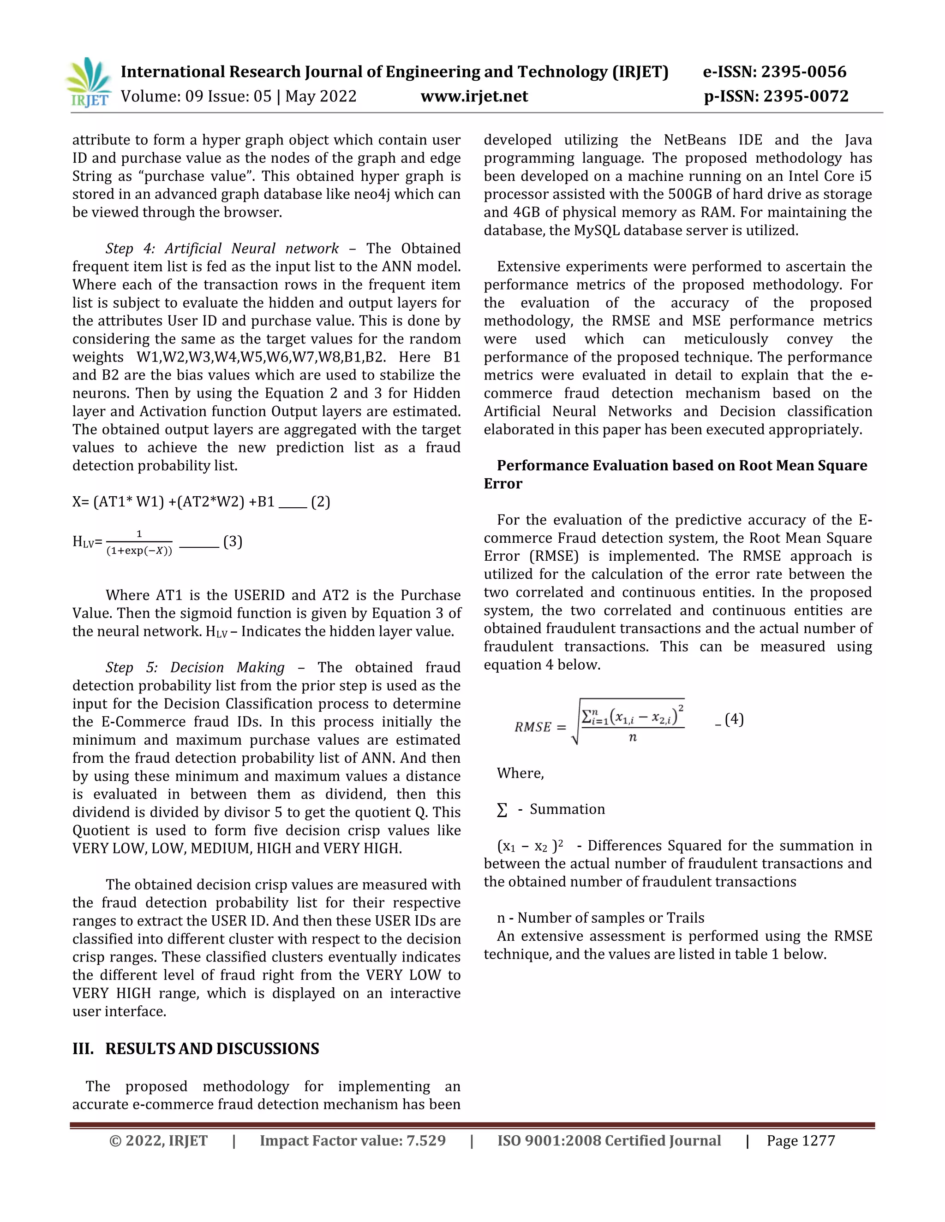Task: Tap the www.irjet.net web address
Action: [x=474, y=96]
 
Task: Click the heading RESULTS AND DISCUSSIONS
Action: [x=212, y=1049]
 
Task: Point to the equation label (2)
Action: [x=320, y=501]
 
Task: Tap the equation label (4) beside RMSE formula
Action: [x=734, y=719]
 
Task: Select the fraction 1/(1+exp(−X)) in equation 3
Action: [x=139, y=542]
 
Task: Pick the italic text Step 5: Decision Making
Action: [x=195, y=668]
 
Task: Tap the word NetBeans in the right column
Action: [x=695, y=140]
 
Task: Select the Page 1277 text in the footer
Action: [x=801, y=1140]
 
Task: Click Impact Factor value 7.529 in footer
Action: [x=353, y=1140]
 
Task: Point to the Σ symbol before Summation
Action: [x=502, y=810]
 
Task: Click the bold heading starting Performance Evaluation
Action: [x=682, y=466]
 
